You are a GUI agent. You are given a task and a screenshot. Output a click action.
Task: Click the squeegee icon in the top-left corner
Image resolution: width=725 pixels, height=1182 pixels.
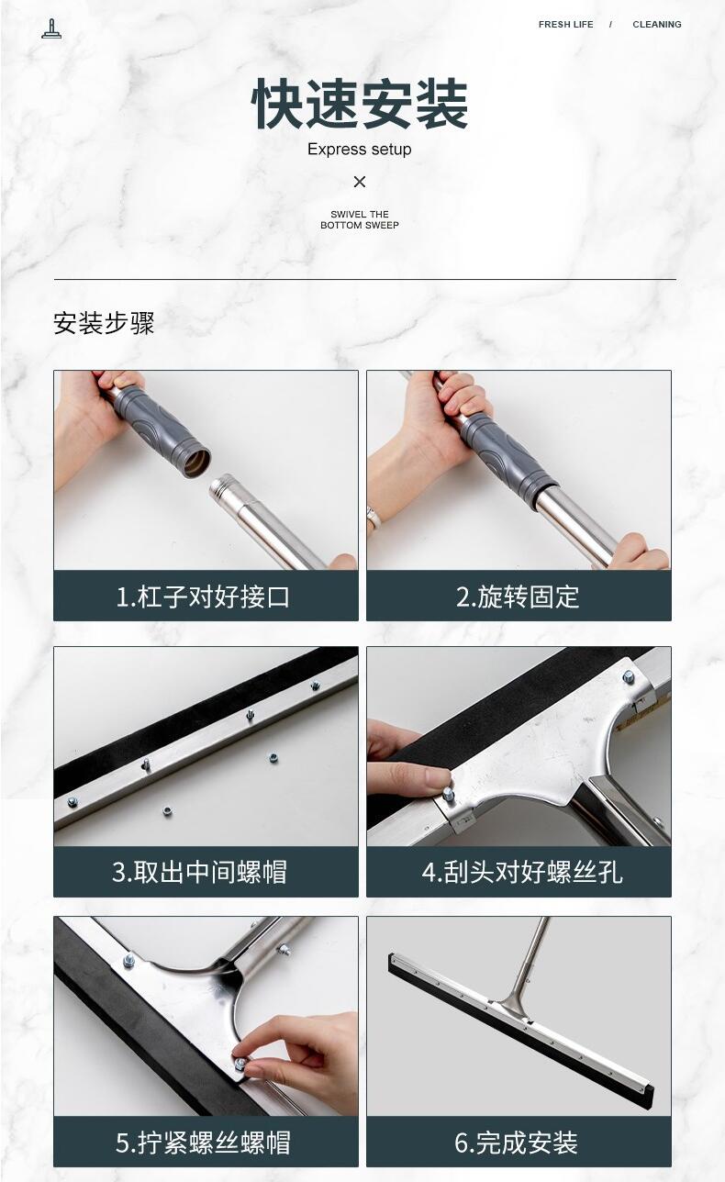click(x=51, y=29)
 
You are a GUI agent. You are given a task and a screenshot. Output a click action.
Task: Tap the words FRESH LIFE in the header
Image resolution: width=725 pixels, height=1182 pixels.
click(x=565, y=24)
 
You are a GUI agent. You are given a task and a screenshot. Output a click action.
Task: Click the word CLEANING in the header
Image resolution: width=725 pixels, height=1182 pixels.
click(x=657, y=24)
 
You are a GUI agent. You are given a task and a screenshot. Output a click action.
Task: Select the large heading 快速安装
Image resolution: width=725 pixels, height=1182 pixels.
click(x=360, y=104)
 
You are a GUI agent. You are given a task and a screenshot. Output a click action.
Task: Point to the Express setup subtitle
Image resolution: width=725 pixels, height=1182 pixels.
click(x=360, y=150)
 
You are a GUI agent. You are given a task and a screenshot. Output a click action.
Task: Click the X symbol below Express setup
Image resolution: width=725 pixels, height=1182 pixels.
click(x=360, y=182)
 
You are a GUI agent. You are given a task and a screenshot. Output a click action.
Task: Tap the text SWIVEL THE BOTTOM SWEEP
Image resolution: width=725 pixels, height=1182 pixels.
click(x=360, y=219)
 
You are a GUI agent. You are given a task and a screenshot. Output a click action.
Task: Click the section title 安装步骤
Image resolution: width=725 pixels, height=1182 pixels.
click(x=104, y=323)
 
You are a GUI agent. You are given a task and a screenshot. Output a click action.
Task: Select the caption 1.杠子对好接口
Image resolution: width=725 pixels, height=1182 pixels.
click(x=203, y=597)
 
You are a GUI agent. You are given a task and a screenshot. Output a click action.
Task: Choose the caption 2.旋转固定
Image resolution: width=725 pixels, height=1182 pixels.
click(x=518, y=597)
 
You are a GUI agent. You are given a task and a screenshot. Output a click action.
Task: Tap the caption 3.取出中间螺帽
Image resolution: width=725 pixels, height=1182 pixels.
click(x=199, y=872)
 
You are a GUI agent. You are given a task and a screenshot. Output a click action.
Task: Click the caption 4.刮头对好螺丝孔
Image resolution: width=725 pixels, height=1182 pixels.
click(x=522, y=872)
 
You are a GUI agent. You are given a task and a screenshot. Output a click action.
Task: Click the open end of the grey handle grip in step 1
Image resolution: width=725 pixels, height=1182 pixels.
click(x=196, y=463)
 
